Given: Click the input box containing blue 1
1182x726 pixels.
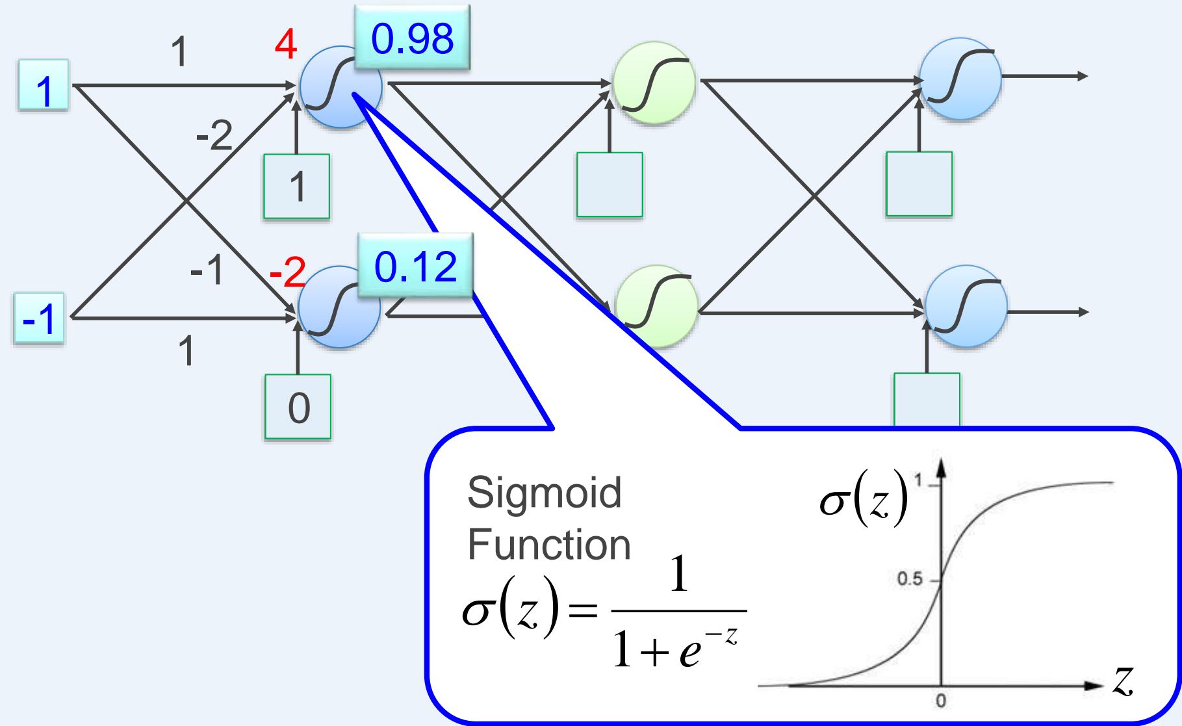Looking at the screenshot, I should (x=43, y=93).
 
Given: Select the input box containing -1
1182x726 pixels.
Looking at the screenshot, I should (x=39, y=322).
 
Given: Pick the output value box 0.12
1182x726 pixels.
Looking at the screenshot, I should (x=416, y=268).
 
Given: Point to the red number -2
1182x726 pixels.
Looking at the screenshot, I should (x=287, y=276).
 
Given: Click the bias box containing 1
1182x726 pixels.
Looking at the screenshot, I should (x=297, y=187).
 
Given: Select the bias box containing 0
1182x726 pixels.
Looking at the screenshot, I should (x=298, y=407).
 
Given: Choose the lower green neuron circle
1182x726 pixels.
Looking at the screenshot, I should (x=656, y=306).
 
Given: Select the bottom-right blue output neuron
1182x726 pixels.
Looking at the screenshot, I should (x=966, y=307).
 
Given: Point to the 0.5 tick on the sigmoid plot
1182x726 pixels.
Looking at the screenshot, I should (x=909, y=579).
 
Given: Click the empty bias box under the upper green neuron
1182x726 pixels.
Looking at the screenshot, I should (x=610, y=185).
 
